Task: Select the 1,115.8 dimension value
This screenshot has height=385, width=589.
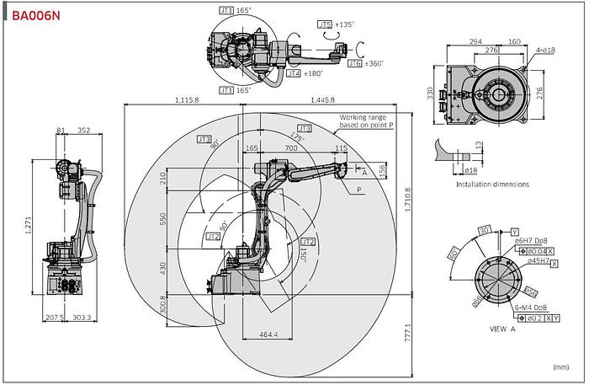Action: (x=188, y=100)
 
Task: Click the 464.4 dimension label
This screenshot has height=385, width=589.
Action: (x=268, y=334)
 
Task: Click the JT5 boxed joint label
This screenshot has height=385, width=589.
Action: (x=325, y=24)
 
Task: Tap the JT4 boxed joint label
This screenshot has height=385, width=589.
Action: (x=294, y=73)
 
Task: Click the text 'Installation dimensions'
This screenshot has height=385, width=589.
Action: (x=492, y=184)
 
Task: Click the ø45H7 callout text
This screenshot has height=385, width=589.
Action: (x=539, y=261)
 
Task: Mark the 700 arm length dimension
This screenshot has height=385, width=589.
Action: (x=291, y=148)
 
